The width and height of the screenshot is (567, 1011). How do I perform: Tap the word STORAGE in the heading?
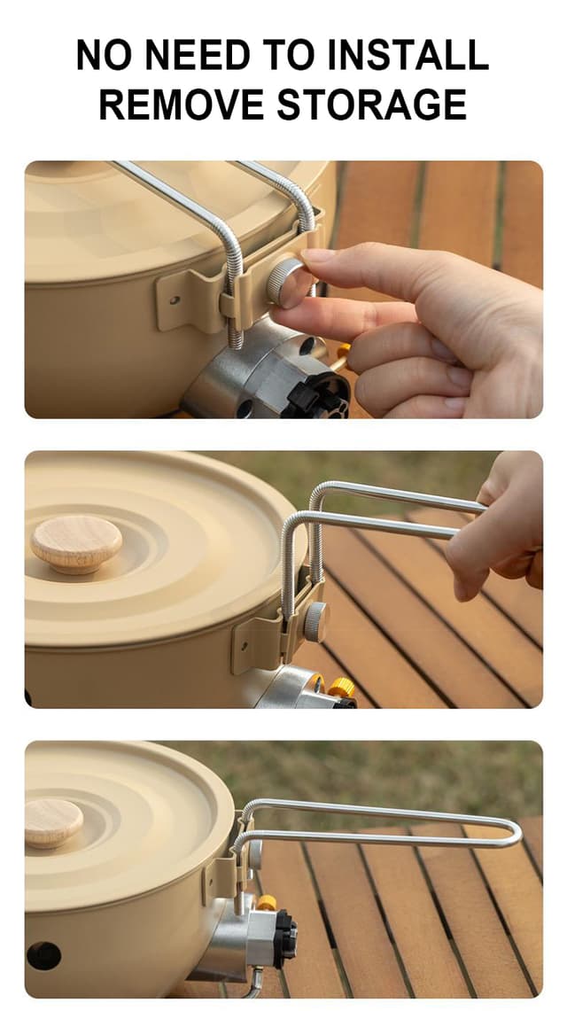[x=372, y=105]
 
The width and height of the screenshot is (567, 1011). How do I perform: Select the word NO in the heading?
[x=104, y=56]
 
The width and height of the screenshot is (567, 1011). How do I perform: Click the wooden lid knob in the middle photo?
[x=76, y=543]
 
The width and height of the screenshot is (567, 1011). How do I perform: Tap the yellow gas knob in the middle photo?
[x=341, y=688]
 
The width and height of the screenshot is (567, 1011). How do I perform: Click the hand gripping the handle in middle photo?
[x=501, y=532]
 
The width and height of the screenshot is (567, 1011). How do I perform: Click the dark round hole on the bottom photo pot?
[x=43, y=955]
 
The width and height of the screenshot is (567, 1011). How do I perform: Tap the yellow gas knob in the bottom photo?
[x=266, y=902]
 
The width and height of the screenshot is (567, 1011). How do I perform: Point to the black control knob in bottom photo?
[x=285, y=938]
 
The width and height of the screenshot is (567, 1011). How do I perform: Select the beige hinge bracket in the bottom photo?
[x=221, y=873]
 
